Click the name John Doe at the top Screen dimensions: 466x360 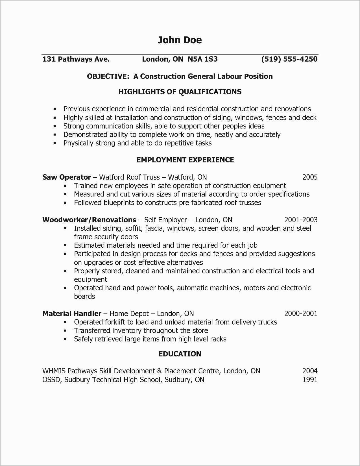pyautogui.click(x=180, y=40)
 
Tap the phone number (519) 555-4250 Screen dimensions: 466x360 pyautogui.click(x=289, y=59)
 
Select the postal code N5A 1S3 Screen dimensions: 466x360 pyautogui.click(x=202, y=59)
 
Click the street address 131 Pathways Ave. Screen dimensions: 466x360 pyautogui.click(x=76, y=59)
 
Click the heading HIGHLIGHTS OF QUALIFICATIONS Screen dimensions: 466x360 pyautogui.click(x=180, y=92)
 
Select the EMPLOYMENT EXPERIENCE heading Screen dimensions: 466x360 pyautogui.click(x=185, y=160)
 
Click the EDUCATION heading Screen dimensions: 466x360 pyautogui.click(x=180, y=354)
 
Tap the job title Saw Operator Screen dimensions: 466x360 pyautogui.click(x=67, y=177)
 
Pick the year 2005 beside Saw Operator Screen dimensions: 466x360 pyautogui.click(x=310, y=177)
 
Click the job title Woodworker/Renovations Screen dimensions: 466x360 pyautogui.click(x=89, y=220)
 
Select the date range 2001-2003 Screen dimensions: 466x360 pyautogui.click(x=301, y=220)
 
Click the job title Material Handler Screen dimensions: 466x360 pyautogui.click(x=72, y=314)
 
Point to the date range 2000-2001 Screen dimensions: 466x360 pyautogui.click(x=301, y=314)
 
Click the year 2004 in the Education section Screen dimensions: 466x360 pyautogui.click(x=310, y=371)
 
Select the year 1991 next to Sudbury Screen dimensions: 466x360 pyautogui.click(x=310, y=380)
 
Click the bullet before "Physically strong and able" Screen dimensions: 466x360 pyautogui.click(x=55, y=143)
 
